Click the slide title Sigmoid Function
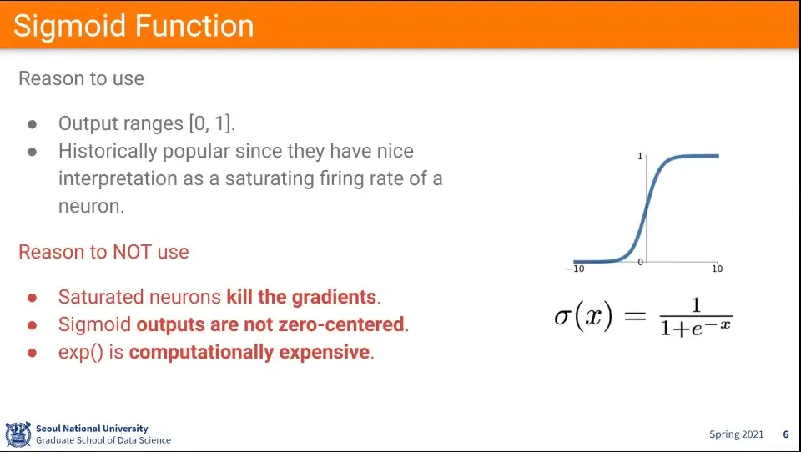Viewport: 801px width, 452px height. (133, 26)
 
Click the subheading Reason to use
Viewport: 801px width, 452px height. (81, 78)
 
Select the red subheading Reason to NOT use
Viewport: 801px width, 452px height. (103, 252)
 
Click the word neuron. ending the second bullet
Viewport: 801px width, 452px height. (92, 206)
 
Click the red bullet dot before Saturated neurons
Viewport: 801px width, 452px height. (33, 298)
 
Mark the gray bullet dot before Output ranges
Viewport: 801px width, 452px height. (33, 124)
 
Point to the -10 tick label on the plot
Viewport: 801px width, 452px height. (575, 269)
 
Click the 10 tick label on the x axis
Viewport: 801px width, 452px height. (718, 269)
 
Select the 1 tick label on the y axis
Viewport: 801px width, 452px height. (640, 156)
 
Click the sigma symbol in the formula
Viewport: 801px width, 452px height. (562, 317)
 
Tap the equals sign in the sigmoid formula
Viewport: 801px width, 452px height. (636, 315)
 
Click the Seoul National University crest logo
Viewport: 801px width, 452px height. (18, 434)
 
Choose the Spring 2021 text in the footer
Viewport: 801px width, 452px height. (736, 434)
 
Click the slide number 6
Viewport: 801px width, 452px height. (786, 434)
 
